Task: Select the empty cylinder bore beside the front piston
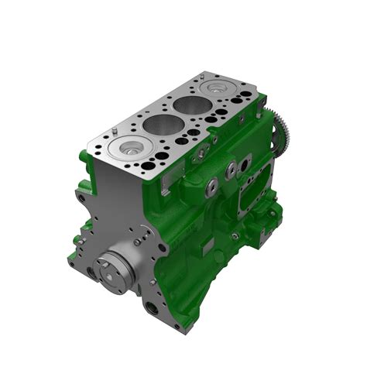click(157, 124)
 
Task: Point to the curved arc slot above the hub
click(128, 246)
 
